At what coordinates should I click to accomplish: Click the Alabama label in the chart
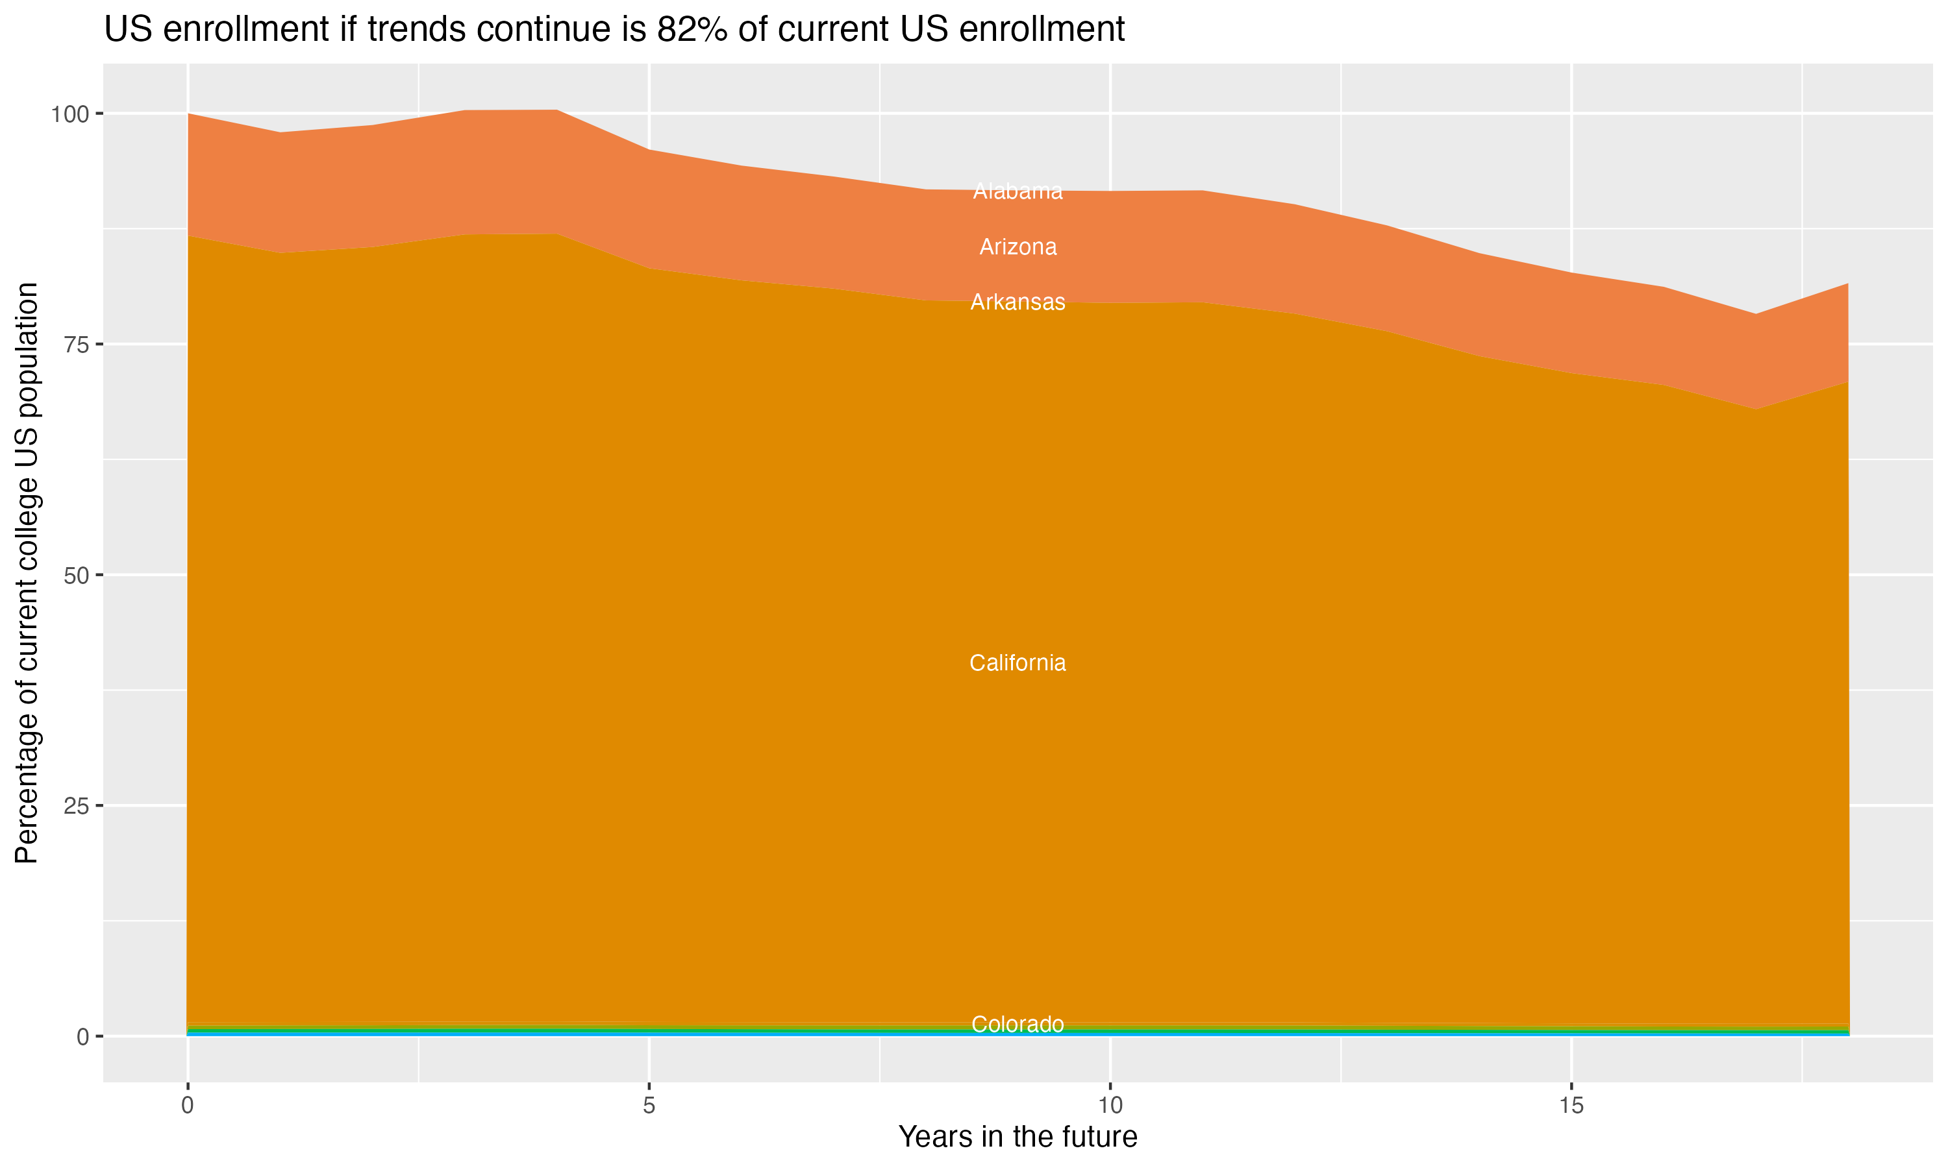tap(1018, 191)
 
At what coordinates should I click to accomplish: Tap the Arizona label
tap(1018, 247)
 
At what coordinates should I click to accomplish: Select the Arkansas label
tap(1018, 302)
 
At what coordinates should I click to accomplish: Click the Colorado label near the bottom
tap(1018, 1024)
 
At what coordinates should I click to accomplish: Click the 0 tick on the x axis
tap(188, 1106)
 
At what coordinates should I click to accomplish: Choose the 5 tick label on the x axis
tap(649, 1106)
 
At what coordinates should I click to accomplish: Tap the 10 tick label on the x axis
tap(1110, 1106)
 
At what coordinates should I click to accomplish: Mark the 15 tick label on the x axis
tap(1571, 1106)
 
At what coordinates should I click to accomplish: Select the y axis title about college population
tap(27, 573)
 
